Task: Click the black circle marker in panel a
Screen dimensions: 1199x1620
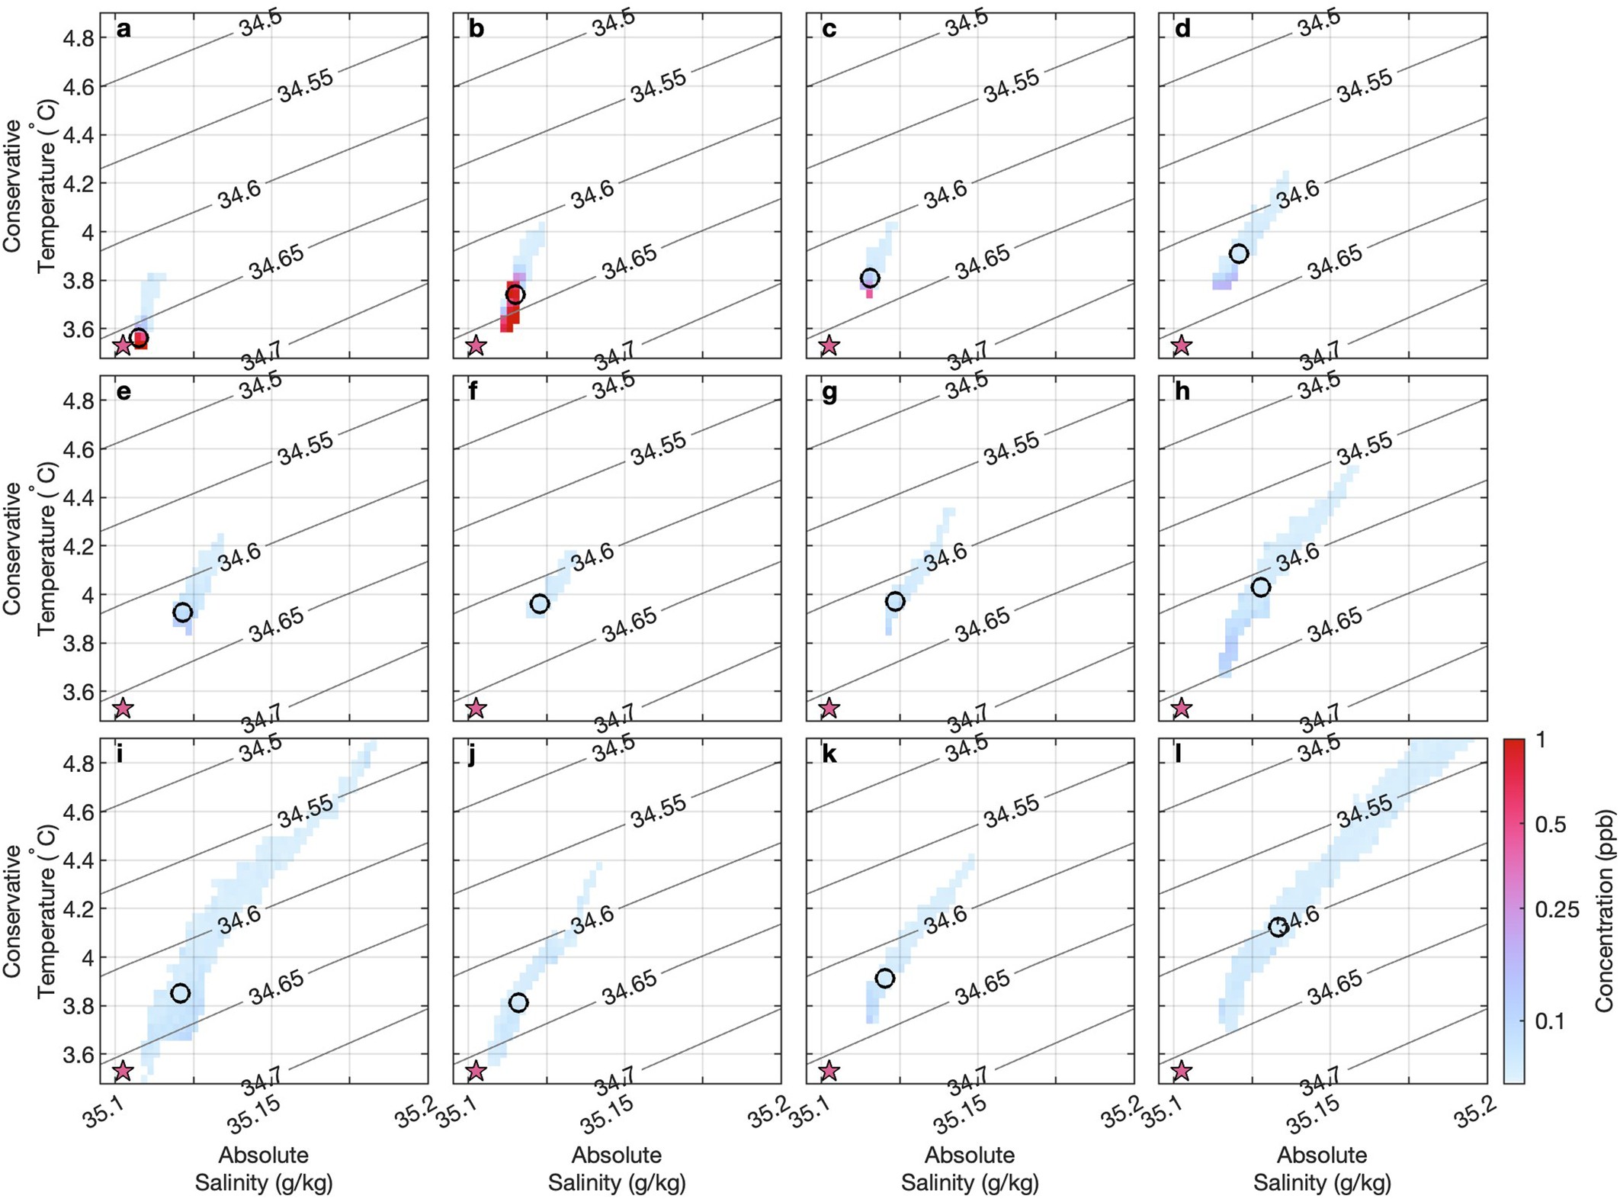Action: [139, 338]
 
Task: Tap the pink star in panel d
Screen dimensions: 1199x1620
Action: [1182, 346]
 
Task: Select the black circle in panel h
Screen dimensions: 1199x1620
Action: [1261, 587]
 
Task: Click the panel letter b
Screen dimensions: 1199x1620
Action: [476, 29]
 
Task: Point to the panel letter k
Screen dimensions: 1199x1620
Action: [829, 754]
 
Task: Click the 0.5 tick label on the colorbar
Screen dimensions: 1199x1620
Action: [1551, 825]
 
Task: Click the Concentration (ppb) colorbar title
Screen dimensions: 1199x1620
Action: [1604, 911]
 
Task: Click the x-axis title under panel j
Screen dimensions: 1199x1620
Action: [617, 1168]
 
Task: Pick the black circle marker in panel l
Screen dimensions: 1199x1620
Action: [1278, 927]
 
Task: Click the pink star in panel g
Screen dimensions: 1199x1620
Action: [829, 708]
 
